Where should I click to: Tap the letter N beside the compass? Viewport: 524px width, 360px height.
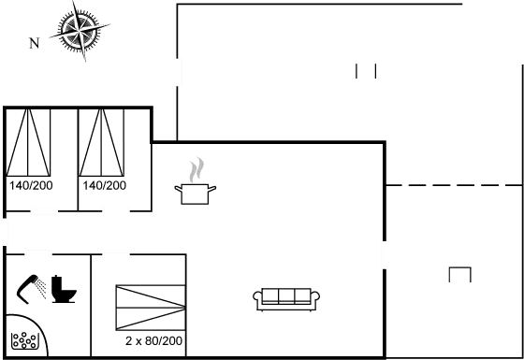[34, 42]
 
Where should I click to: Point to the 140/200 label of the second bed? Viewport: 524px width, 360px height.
[104, 186]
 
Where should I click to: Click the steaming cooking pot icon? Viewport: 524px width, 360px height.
[196, 192]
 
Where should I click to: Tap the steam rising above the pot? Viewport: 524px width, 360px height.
[195, 170]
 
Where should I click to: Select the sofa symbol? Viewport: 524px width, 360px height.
[286, 297]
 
